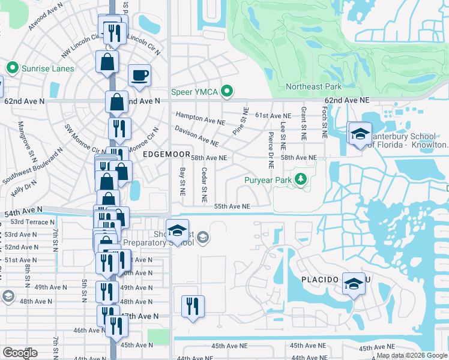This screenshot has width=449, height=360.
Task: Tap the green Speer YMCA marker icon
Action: point(227,92)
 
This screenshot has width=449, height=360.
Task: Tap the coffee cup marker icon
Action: point(139,76)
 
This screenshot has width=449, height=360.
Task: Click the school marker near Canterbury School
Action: point(360,134)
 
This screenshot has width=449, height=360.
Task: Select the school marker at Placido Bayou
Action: point(354,284)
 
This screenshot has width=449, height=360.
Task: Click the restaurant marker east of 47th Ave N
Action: point(193,307)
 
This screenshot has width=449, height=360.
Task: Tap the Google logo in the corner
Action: point(20,353)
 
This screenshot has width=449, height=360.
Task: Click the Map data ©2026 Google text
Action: point(412,356)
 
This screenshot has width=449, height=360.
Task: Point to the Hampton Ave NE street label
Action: point(200,118)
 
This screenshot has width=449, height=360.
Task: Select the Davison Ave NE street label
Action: point(196,136)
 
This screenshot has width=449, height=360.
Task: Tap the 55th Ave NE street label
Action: point(232,206)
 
